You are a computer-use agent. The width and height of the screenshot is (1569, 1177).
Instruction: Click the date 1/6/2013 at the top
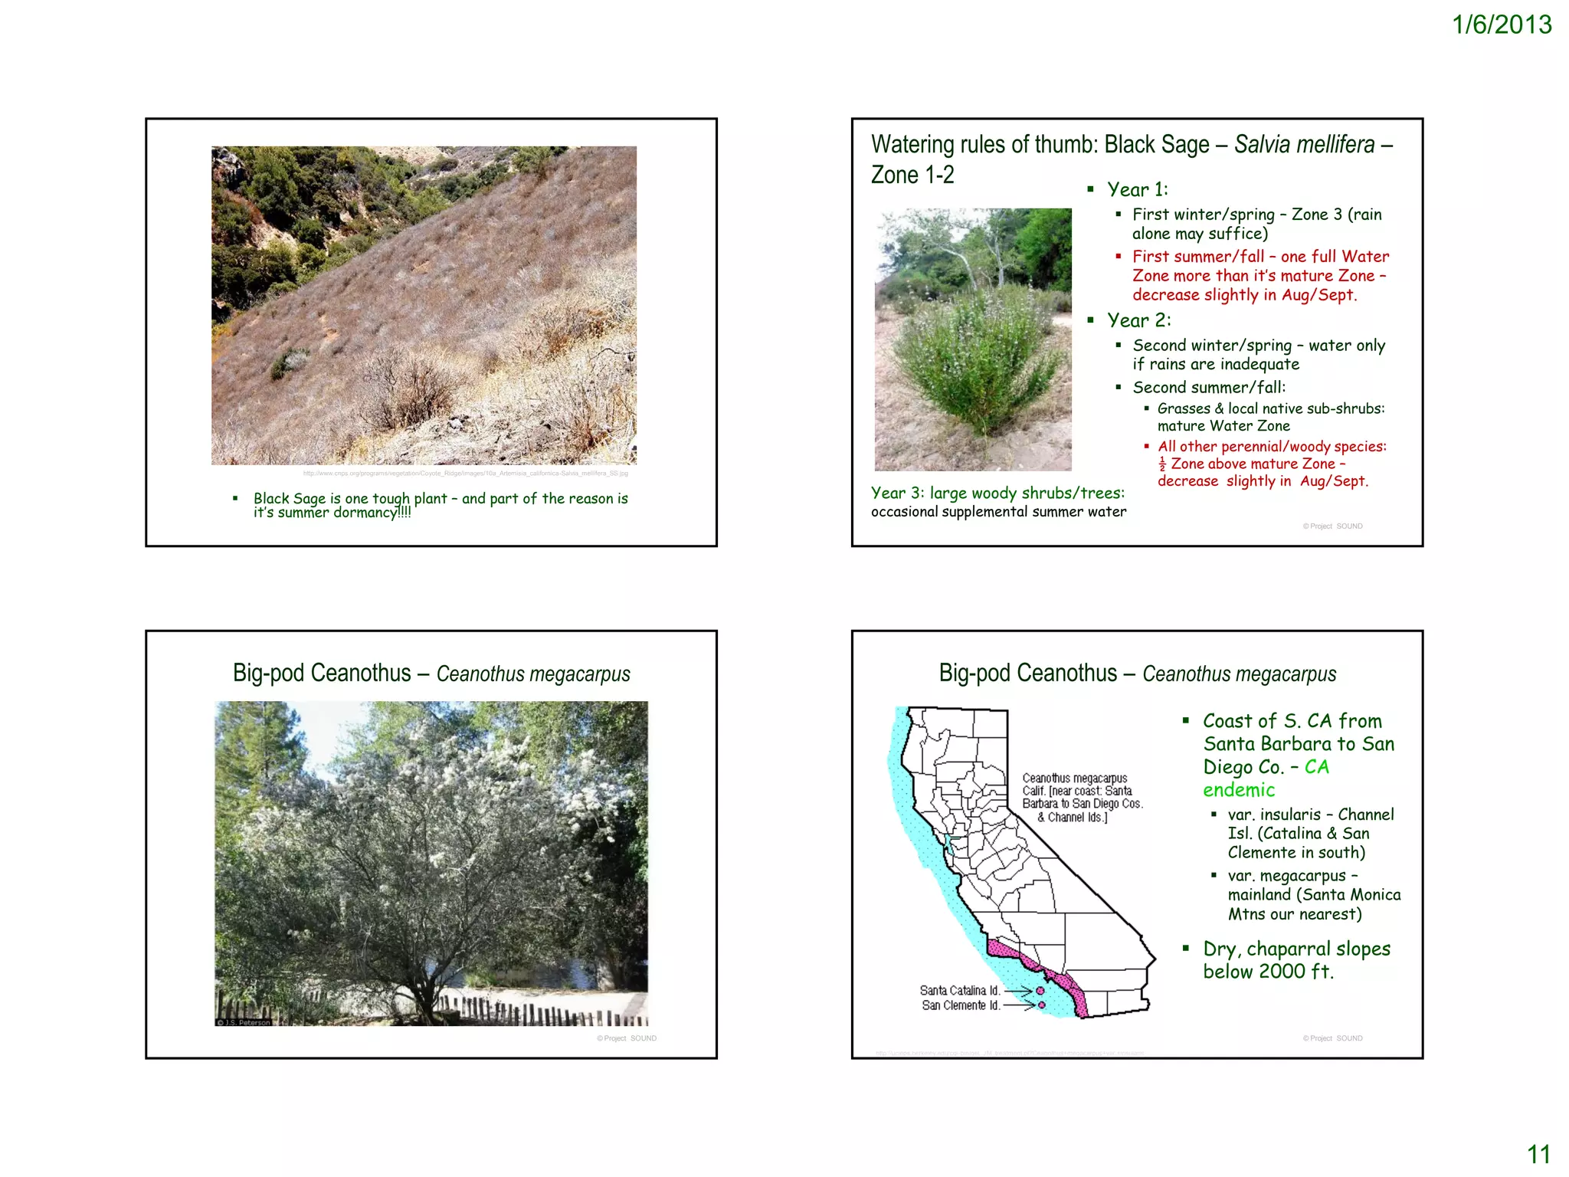[1501, 25]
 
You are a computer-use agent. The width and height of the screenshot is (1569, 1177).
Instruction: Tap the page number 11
[1538, 1154]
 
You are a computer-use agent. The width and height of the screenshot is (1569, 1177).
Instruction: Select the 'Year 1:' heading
[1137, 189]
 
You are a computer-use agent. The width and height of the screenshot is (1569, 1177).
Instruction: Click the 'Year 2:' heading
[1138, 320]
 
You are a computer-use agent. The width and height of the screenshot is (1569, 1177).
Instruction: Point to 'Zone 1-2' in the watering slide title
[912, 175]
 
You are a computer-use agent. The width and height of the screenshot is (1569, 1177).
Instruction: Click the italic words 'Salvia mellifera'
[1304, 145]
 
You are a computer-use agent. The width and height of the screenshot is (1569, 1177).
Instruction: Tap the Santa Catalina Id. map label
[959, 991]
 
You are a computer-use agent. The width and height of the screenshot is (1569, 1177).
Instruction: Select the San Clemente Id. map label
[960, 1005]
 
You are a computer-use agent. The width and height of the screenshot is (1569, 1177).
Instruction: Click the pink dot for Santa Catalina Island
[1040, 991]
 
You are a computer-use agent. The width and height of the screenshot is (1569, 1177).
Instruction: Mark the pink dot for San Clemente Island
[1041, 1005]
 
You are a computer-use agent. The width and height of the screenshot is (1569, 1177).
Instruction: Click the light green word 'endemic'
[1239, 790]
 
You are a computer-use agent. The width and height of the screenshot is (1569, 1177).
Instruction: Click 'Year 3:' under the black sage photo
[897, 493]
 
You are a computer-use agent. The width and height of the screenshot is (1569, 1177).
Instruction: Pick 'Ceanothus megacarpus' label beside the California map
[1074, 778]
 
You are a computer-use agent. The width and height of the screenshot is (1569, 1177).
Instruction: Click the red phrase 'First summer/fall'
[1197, 257]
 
